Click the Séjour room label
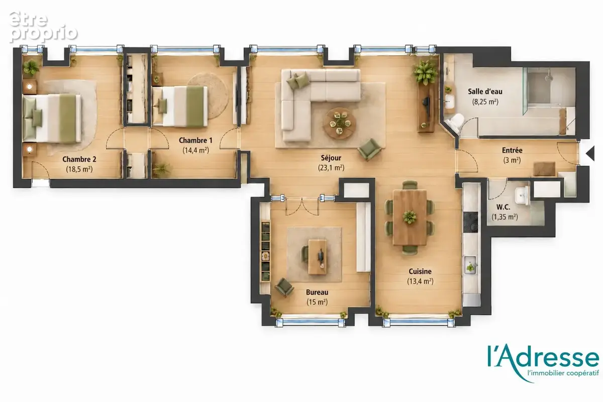[x=331, y=158]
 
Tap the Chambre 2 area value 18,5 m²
[x=79, y=169]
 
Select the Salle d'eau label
[x=485, y=91]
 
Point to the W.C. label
[x=503, y=207]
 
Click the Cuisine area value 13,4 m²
[x=420, y=281]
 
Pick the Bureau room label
[x=317, y=292]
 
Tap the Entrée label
[x=512, y=150]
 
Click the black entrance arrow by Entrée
[x=590, y=153]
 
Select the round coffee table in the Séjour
[x=340, y=124]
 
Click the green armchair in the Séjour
[x=370, y=149]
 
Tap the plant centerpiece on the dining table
[x=410, y=217]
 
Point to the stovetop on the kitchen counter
[x=470, y=222]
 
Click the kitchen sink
[x=470, y=265]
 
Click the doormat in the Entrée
[x=544, y=169]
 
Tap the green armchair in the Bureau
[x=284, y=287]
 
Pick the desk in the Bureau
[x=318, y=257]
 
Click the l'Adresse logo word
[x=543, y=356]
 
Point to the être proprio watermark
[x=43, y=27]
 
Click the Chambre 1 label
[x=195, y=140]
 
